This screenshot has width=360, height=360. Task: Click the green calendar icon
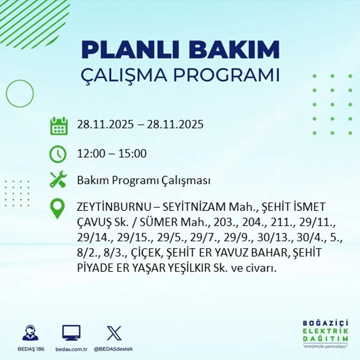pyautogui.click(x=59, y=126)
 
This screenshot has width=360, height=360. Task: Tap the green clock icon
pyautogui.click(x=58, y=154)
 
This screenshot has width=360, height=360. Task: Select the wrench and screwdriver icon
pyautogui.click(x=58, y=180)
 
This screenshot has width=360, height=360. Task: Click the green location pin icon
pyautogui.click(x=57, y=208)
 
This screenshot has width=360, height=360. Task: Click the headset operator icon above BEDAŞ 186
pyautogui.click(x=30, y=333)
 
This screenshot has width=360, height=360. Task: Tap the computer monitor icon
pyautogui.click(x=71, y=333)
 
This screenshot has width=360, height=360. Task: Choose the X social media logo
pyautogui.click(x=114, y=333)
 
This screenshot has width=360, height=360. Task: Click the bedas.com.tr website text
pyautogui.click(x=72, y=349)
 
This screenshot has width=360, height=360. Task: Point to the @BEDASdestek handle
pyautogui.click(x=113, y=349)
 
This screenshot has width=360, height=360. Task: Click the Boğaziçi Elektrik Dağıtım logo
pyautogui.click(x=325, y=333)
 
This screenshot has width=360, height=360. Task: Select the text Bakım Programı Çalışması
pyautogui.click(x=144, y=180)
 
